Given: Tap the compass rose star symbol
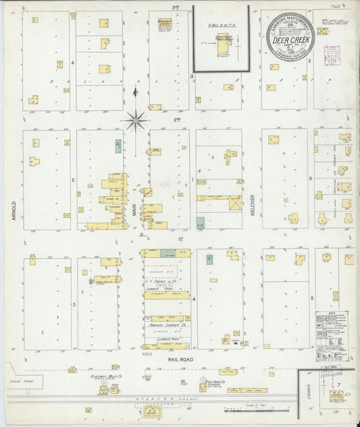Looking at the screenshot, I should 135,122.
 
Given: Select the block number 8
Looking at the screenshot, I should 310,179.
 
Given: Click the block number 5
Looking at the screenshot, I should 311,297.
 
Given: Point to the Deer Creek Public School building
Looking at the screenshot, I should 224,41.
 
